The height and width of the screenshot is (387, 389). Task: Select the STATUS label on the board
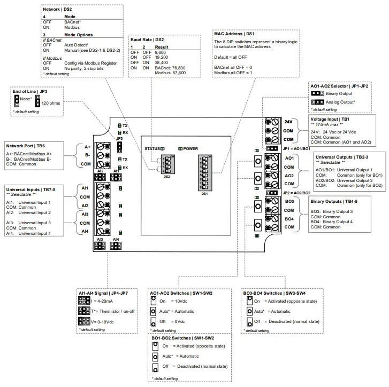(151, 149)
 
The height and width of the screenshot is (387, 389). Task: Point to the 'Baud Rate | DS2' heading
(147, 40)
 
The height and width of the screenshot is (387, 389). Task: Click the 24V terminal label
(288, 121)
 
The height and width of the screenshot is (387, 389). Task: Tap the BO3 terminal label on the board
(289, 202)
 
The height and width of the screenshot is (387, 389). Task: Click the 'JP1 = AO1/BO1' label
(296, 148)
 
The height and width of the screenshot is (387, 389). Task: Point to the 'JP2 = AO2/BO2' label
(296, 193)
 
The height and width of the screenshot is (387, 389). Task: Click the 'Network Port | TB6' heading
(26, 145)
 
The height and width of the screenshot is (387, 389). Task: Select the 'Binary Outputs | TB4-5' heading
(334, 202)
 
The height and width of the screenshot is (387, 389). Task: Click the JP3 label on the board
(119, 138)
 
